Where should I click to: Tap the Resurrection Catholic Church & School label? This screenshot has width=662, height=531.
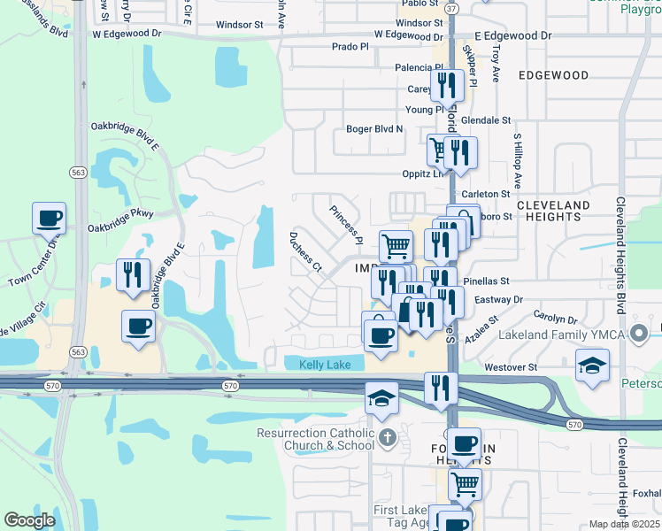(x=316, y=439)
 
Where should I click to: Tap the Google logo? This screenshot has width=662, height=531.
(x=29, y=520)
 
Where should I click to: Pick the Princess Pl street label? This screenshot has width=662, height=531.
(x=346, y=225)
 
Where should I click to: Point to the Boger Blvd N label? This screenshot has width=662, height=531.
(x=374, y=129)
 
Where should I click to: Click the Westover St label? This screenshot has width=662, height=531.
(x=509, y=366)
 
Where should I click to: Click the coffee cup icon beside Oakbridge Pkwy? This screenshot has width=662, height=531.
(x=49, y=217)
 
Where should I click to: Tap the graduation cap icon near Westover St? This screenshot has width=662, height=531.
(x=592, y=365)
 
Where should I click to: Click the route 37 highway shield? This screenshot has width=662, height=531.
(x=452, y=8)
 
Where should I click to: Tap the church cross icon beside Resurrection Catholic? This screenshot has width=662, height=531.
(x=388, y=437)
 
